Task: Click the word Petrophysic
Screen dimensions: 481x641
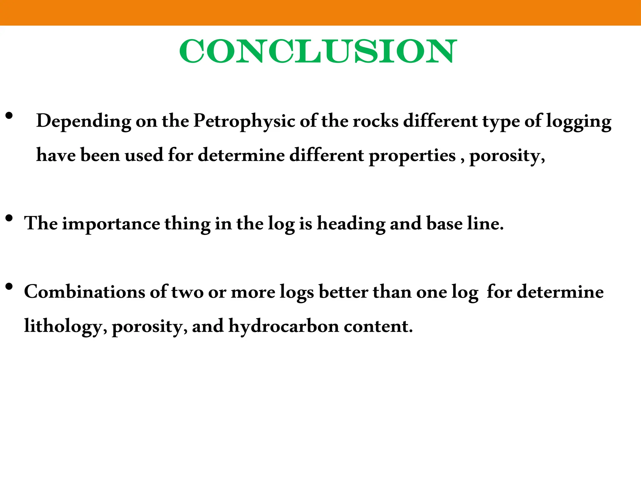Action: [244, 121]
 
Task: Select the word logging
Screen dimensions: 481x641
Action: [578, 122]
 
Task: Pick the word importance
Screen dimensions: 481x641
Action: [111, 224]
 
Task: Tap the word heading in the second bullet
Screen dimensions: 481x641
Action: [351, 224]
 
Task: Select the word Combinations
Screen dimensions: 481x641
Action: [85, 292]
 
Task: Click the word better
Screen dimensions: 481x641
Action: [343, 292]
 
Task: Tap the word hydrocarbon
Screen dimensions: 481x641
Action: [284, 326]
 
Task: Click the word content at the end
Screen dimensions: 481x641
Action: [378, 326]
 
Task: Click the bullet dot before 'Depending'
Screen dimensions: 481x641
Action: [9, 116]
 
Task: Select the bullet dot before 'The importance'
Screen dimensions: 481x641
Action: [9, 218]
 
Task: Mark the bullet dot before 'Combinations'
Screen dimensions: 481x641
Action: [9, 286]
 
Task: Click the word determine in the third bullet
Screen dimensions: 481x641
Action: [560, 292]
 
